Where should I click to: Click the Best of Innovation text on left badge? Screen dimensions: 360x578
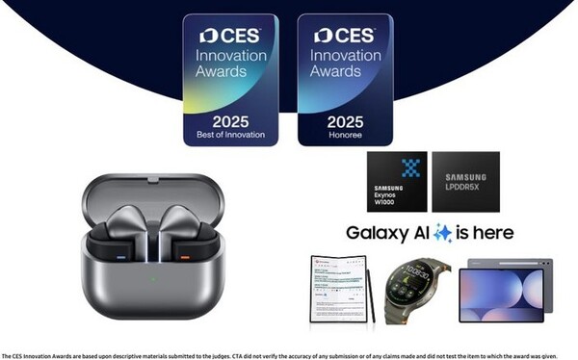click(x=230, y=134)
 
